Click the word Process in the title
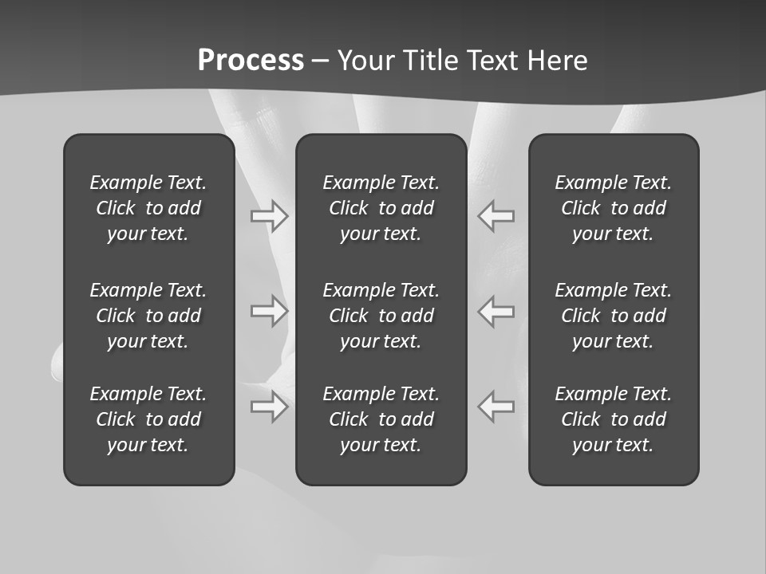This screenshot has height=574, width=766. (x=251, y=61)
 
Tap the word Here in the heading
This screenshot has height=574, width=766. (x=558, y=61)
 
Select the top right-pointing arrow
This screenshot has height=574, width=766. (x=270, y=216)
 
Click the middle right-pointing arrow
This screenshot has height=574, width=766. (x=270, y=311)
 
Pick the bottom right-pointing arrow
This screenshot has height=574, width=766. (x=270, y=407)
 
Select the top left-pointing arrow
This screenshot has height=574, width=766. (x=496, y=216)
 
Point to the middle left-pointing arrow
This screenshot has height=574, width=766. (x=496, y=311)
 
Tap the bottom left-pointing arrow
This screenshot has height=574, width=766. (x=496, y=407)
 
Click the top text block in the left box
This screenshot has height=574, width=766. (x=148, y=208)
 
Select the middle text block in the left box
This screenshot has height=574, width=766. (x=148, y=316)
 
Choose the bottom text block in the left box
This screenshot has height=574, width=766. (x=148, y=419)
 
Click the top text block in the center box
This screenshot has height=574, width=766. (x=381, y=208)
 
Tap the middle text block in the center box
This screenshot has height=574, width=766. (x=381, y=316)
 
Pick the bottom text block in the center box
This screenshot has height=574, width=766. (x=381, y=419)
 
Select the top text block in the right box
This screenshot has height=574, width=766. (x=614, y=208)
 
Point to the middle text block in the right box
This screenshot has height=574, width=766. (x=614, y=316)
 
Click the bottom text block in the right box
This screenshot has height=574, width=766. (x=614, y=419)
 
